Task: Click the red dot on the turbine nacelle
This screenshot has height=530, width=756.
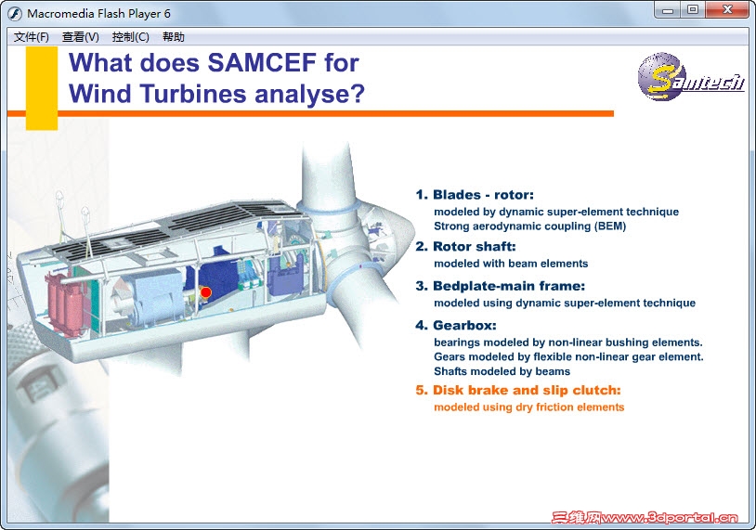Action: [206, 292]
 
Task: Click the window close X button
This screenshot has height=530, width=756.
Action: [728, 9]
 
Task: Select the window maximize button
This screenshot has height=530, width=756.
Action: [693, 9]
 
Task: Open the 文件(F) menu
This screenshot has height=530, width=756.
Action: [32, 37]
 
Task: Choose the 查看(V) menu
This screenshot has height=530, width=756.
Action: [81, 37]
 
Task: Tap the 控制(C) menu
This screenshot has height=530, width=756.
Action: [131, 37]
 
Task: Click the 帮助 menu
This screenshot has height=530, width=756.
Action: [174, 37]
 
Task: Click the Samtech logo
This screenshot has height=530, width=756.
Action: [690, 77]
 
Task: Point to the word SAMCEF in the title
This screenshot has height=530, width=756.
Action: [262, 62]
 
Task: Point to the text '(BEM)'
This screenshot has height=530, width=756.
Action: [610, 226]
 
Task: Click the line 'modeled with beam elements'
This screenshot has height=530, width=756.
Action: [511, 264]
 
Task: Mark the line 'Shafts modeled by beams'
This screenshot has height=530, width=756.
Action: [502, 371]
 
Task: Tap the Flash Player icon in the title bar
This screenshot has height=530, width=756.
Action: [15, 14]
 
